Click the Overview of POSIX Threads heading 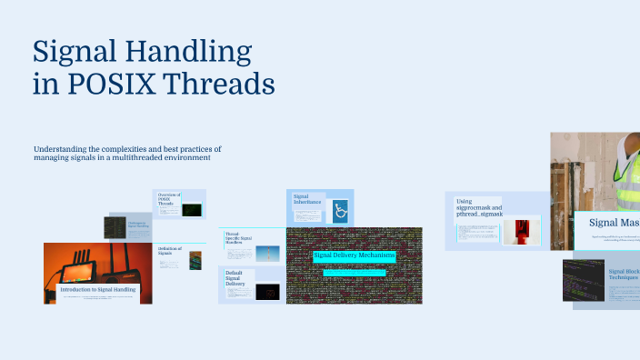(169, 199)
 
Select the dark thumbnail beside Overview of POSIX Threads (191, 209)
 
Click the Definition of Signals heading (170, 250)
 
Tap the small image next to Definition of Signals (195, 260)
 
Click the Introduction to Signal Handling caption (98, 289)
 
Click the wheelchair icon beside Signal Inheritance (341, 211)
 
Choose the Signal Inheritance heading (307, 198)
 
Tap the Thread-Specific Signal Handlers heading (239, 238)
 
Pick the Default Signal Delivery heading (235, 278)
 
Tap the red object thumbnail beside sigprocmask (522, 230)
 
